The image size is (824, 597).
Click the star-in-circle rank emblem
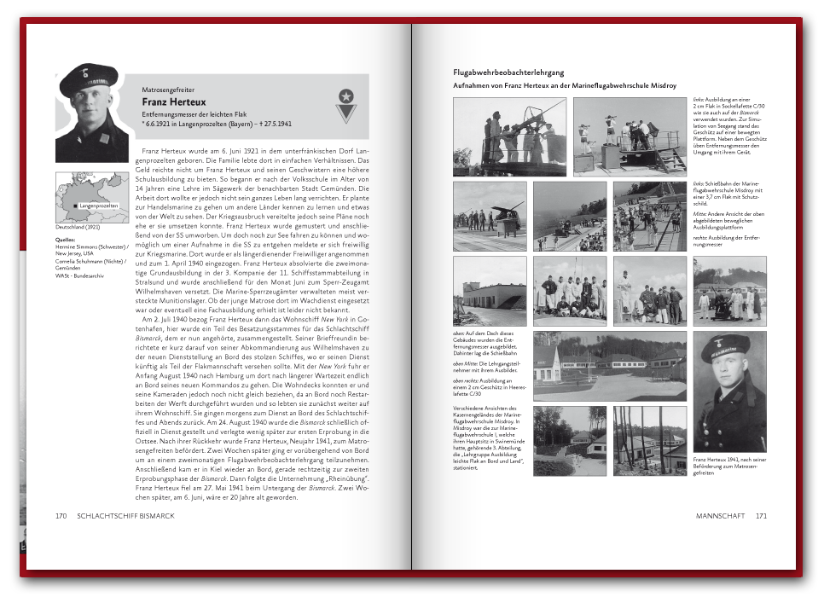345,96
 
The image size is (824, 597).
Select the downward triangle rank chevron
345,113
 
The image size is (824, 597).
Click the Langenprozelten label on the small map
98,206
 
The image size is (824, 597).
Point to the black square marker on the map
75,206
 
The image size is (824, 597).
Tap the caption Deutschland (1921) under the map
78,228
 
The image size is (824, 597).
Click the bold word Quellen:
67,240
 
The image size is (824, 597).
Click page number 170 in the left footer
61,516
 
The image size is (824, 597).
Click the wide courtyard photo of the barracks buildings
609,366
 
